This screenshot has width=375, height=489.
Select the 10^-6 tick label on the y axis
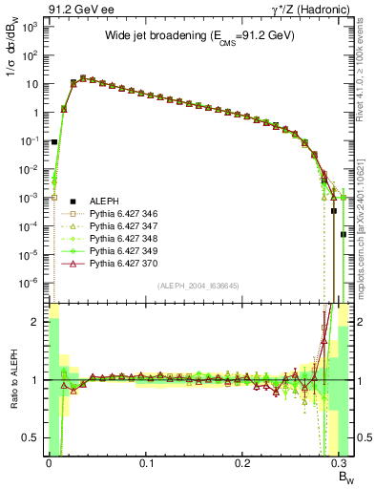pyautogui.click(x=31, y=283)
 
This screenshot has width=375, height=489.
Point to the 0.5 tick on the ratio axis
pyautogui.click(x=34, y=437)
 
